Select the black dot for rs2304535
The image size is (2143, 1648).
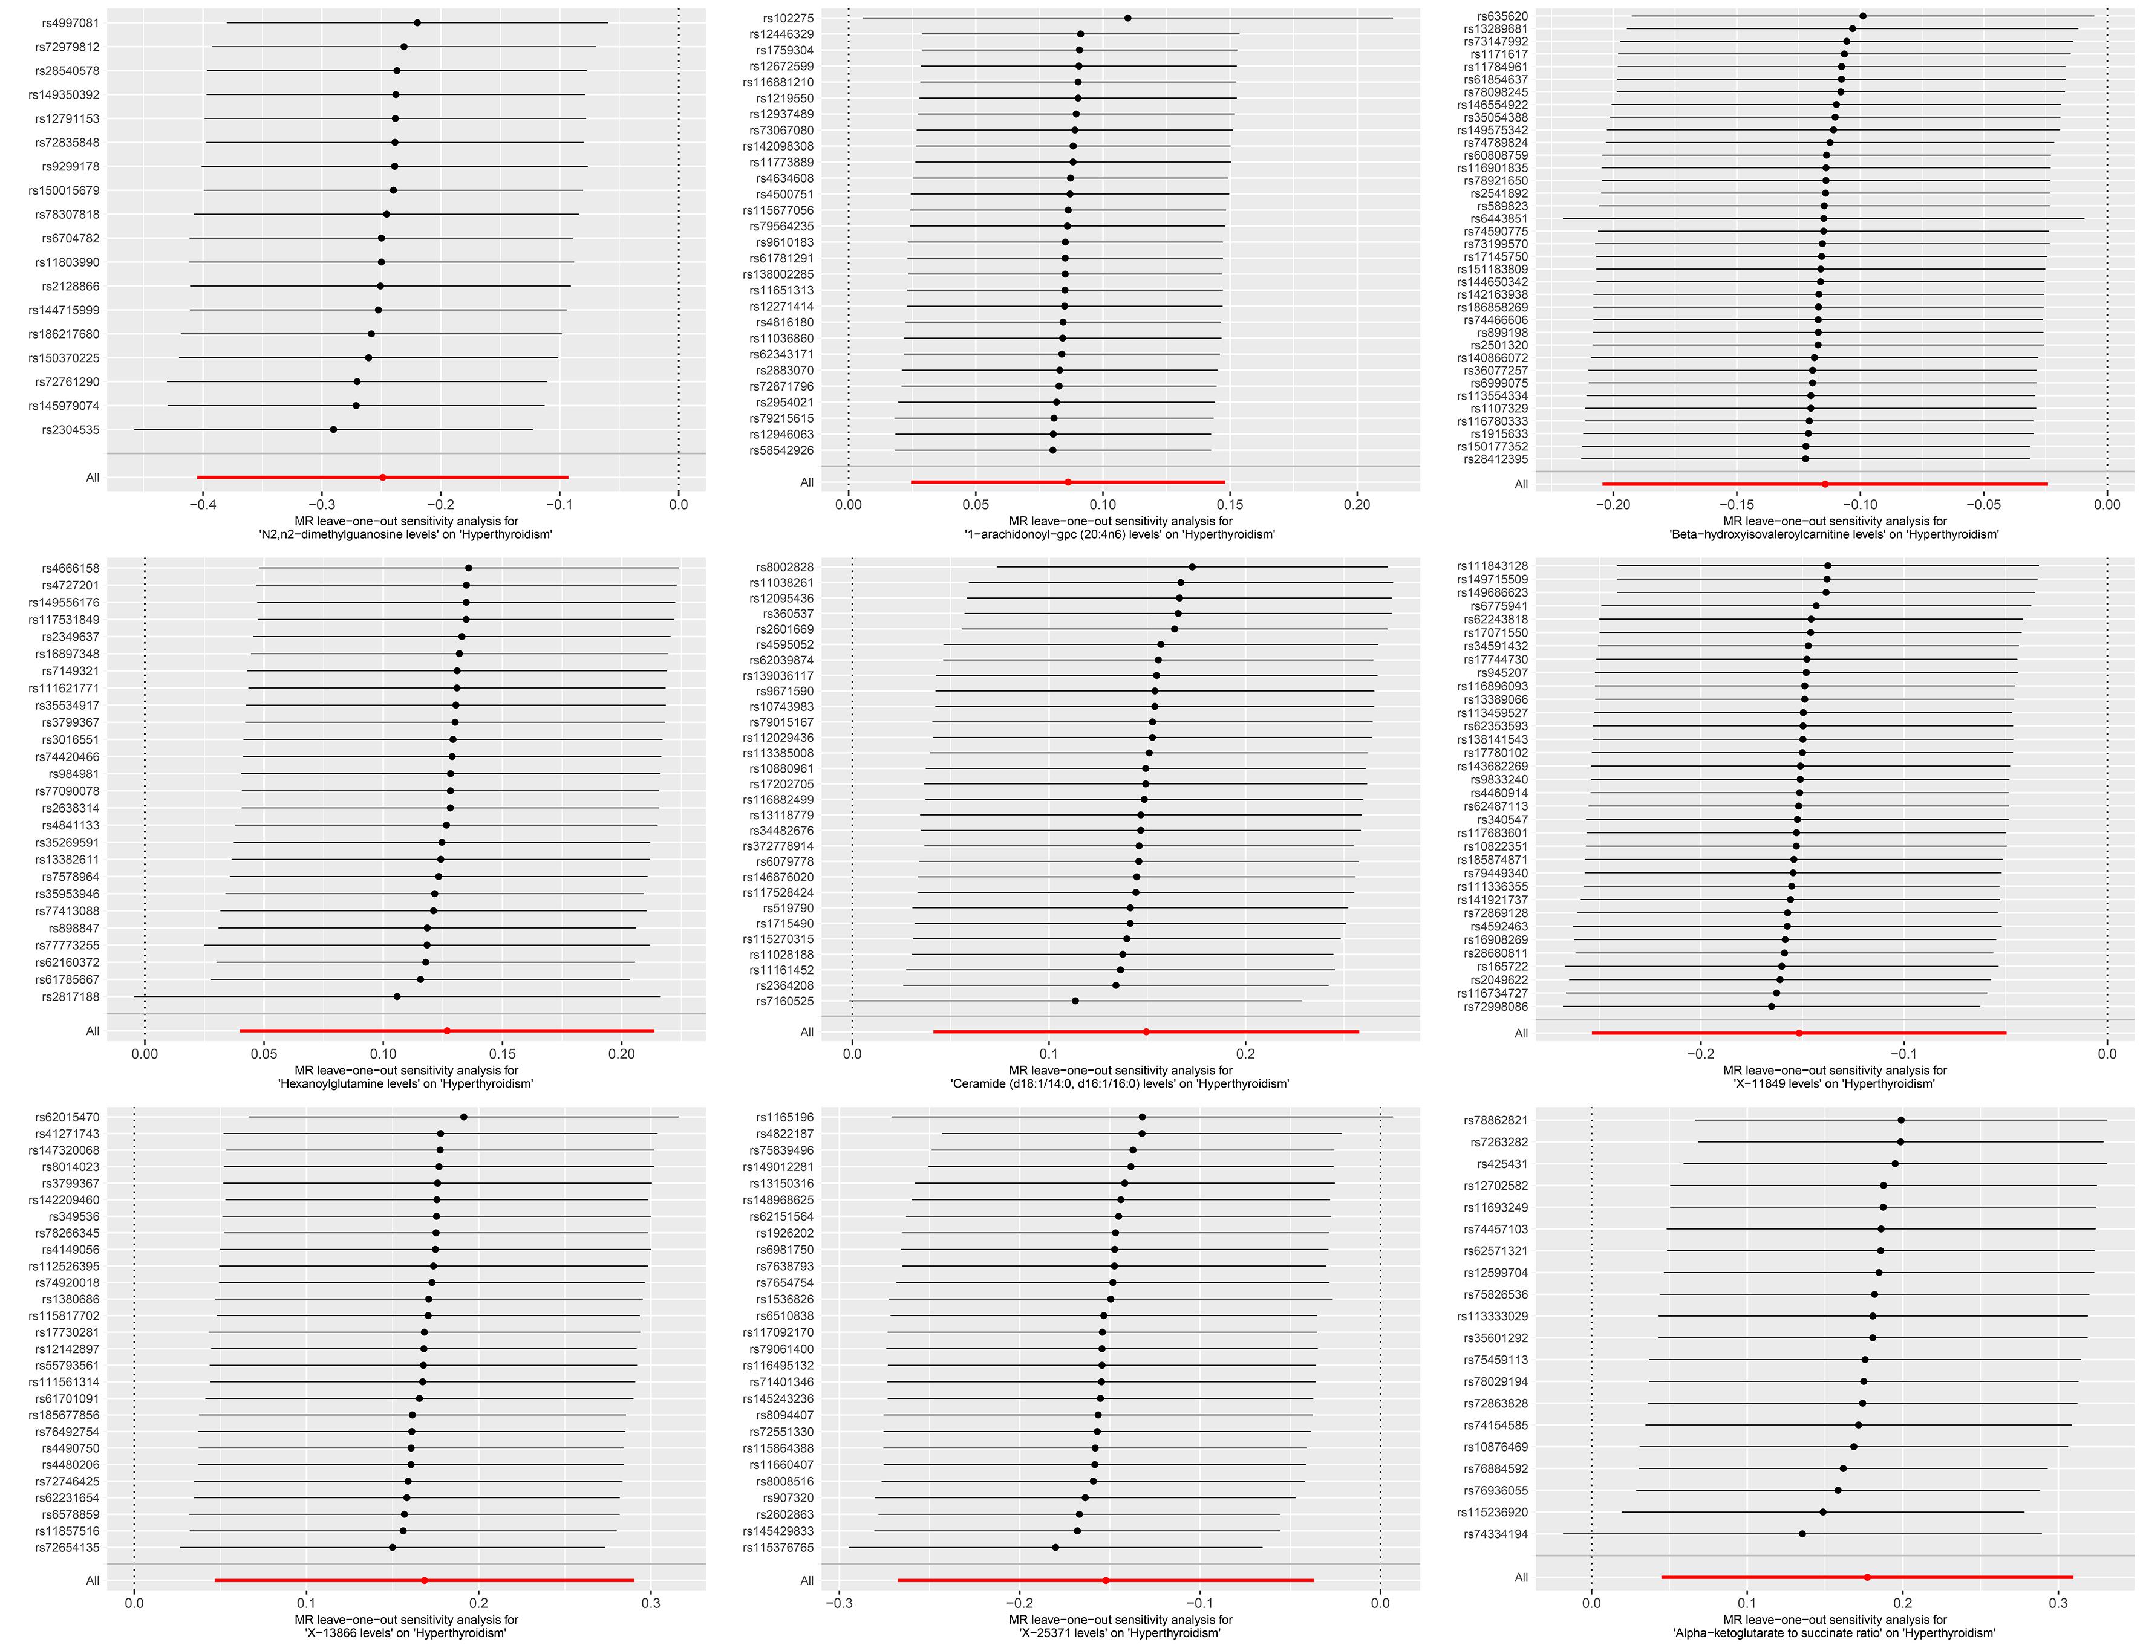click(334, 430)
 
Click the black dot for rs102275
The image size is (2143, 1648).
click(1127, 18)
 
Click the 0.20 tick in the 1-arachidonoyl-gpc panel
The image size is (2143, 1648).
click(1357, 504)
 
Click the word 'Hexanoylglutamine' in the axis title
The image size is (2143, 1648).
click(330, 1084)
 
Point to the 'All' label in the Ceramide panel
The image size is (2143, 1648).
click(806, 1032)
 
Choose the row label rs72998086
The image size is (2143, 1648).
click(1492, 1007)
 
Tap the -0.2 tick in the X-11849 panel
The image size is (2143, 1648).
click(1700, 1054)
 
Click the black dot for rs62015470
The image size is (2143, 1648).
click(463, 1117)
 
